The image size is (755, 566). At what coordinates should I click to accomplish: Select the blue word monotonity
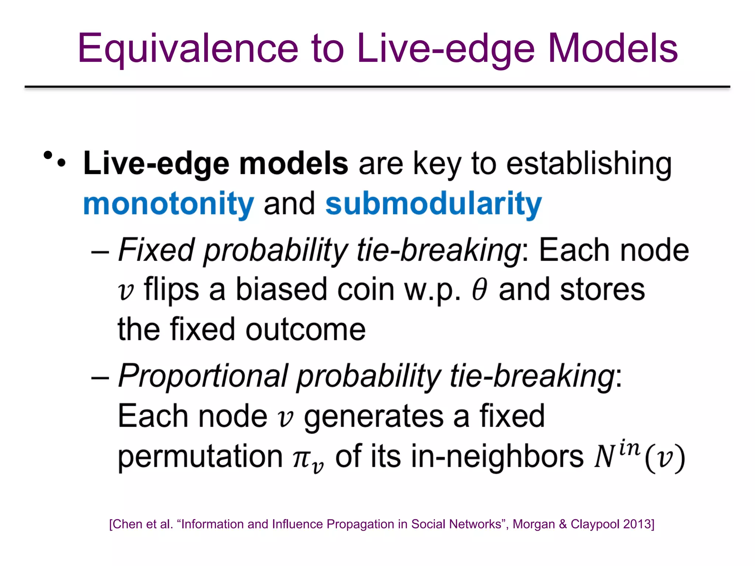168,204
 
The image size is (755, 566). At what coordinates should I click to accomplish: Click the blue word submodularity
434,204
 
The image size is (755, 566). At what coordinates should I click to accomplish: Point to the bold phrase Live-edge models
216,164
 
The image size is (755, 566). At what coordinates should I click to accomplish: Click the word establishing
589,164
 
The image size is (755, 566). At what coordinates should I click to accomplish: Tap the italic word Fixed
156,250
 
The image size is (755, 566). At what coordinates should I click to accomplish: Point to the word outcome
306,329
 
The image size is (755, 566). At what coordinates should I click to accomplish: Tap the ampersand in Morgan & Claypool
563,524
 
